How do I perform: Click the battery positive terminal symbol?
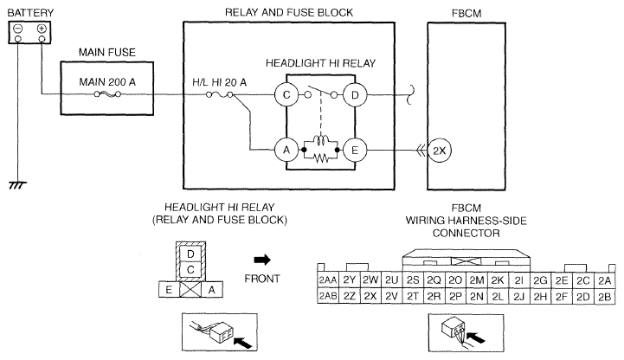click(41, 29)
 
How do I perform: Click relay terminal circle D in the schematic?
click(354, 94)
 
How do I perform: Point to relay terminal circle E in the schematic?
click(354, 148)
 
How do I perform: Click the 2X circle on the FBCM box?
click(439, 149)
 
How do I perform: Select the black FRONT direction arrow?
click(261, 259)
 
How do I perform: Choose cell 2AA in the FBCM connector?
click(327, 280)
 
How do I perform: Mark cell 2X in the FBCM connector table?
click(370, 296)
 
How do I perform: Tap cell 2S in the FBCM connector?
click(412, 280)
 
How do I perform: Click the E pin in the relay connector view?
click(170, 290)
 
